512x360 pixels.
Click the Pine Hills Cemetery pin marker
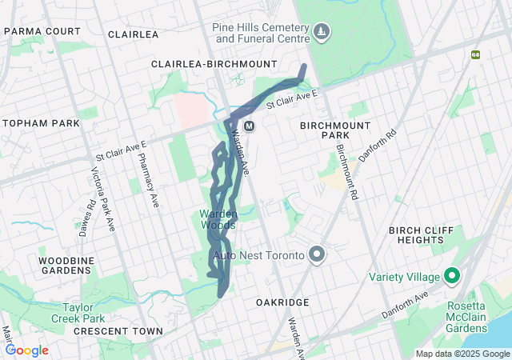click(x=322, y=31)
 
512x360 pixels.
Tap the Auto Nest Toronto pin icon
click(x=317, y=255)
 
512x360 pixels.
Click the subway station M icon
click(x=250, y=126)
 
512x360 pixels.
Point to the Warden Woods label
click(x=218, y=219)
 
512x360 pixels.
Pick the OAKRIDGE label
click(x=282, y=302)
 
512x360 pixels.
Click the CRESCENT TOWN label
click(x=118, y=330)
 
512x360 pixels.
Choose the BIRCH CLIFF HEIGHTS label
click(x=421, y=236)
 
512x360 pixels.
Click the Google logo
click(x=27, y=350)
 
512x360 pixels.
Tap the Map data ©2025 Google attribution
click(x=462, y=354)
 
